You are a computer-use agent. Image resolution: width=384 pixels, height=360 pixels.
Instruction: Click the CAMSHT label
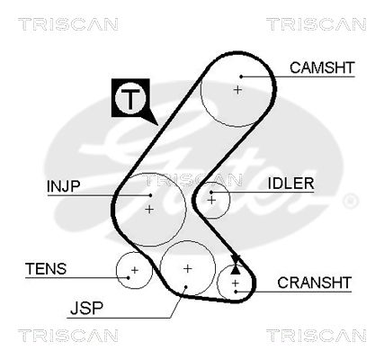pos(322,67)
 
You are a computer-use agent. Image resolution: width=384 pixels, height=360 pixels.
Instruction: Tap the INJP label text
pos(64,186)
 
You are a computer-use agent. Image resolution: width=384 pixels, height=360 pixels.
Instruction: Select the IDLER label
pos(290,184)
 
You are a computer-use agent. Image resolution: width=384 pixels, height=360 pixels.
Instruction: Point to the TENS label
pos(46,268)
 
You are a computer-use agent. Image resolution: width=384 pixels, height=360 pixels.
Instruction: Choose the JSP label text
pos(86,308)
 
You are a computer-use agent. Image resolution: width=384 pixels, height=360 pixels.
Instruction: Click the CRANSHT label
pos(314,283)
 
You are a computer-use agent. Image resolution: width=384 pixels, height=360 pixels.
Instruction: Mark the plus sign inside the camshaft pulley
pos(237,90)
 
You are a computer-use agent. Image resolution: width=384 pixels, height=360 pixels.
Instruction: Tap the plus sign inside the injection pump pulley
pos(149,209)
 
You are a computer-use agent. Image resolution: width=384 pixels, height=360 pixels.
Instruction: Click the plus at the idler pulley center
pos(212,200)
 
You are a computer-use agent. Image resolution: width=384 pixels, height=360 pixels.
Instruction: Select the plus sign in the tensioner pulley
pos(135,270)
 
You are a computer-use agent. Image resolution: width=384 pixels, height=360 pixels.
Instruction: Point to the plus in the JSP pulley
pos(187,268)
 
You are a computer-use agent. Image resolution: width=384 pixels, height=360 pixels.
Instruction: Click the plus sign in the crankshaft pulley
pos(236,283)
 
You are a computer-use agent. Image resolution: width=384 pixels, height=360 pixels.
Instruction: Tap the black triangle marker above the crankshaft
pos(236,270)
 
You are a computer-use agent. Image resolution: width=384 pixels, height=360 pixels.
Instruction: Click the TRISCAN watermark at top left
pos(68,24)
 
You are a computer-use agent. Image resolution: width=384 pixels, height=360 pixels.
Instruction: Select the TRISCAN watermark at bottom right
pos(317,336)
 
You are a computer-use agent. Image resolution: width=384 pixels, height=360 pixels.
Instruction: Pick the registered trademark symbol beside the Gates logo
pos(350,201)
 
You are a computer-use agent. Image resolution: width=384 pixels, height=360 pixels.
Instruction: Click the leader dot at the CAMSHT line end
pos(241,76)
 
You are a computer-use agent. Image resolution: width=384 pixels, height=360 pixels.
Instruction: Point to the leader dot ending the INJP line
pos(150,195)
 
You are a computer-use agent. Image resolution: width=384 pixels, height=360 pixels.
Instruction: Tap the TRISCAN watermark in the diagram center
pos(194,180)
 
